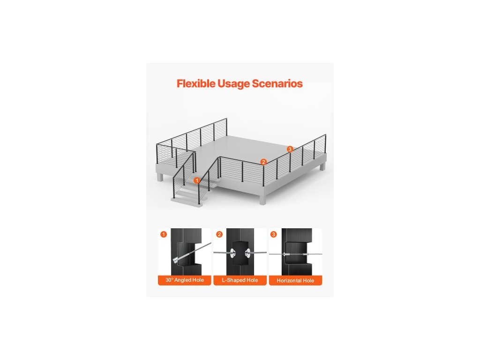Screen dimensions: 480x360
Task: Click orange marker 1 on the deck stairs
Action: pos(197,180)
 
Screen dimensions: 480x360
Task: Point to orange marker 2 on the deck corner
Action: pos(263,162)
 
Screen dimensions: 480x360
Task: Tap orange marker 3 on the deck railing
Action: pos(290,149)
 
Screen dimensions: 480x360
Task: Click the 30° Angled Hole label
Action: pos(184,280)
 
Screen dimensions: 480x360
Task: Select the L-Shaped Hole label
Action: pos(240,280)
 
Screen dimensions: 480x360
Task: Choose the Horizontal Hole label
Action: pos(295,280)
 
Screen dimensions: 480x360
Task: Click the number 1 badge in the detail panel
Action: pos(163,234)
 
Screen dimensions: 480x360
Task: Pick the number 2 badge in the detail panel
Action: pos(219,234)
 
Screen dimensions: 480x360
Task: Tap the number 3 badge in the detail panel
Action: pos(274,234)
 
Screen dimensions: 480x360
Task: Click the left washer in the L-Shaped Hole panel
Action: pos(232,253)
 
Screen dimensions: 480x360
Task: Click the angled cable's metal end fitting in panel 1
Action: pos(180,259)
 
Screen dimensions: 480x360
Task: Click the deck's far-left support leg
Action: pos(161,177)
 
